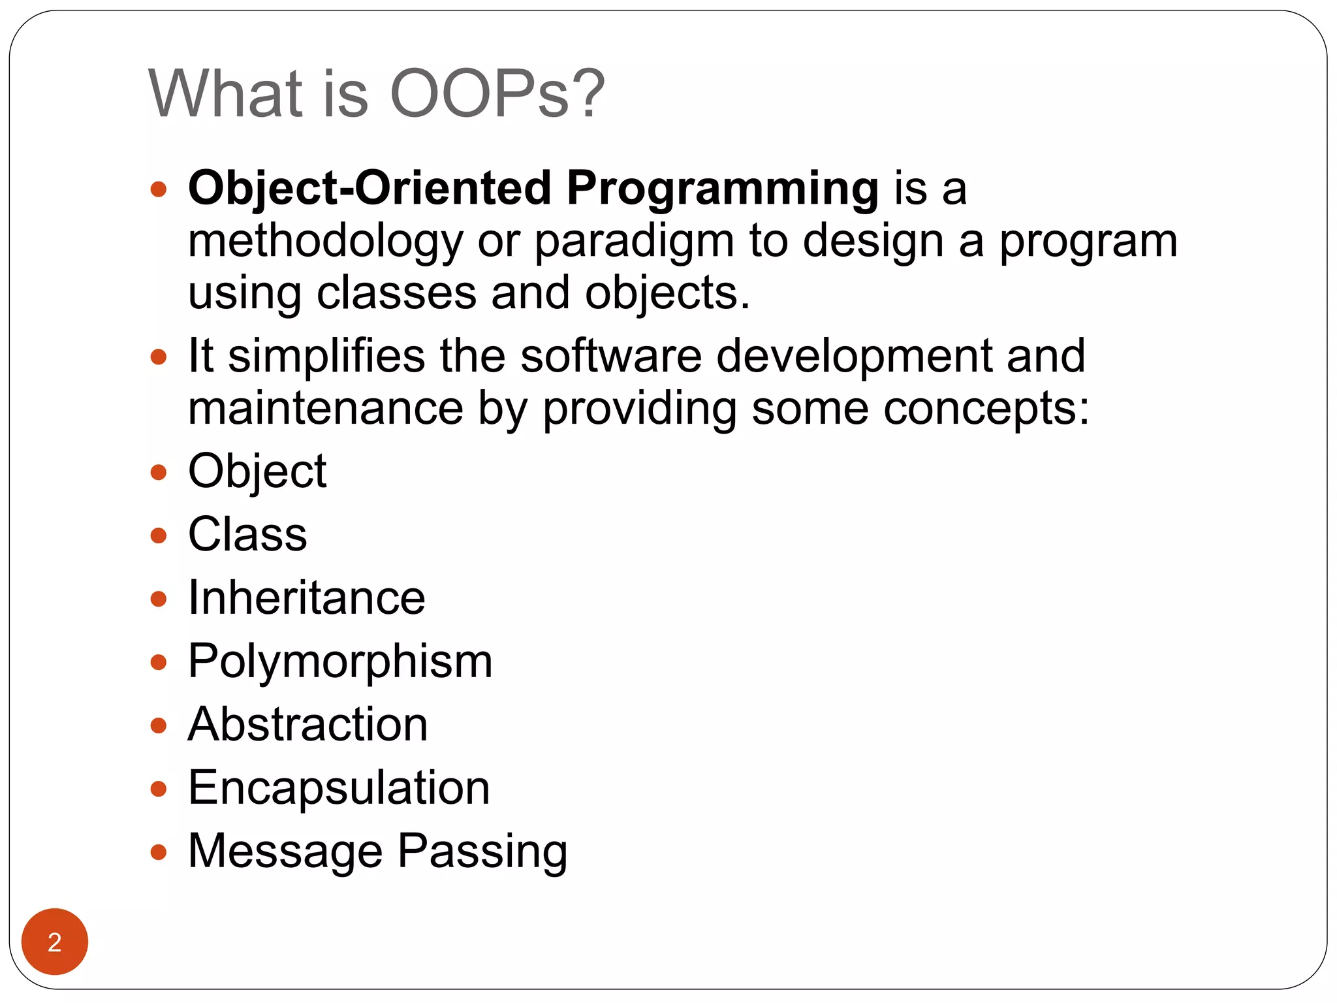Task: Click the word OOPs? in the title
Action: pos(497,94)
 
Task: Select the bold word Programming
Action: pos(722,189)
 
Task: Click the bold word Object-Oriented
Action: pos(370,189)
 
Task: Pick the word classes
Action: pos(396,293)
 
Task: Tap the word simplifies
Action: pos(326,356)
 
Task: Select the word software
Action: pos(611,356)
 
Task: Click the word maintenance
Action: pos(325,409)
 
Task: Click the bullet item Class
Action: pos(247,534)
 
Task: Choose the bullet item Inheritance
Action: pos(306,597)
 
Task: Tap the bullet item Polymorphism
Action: pos(340,661)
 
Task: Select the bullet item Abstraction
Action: pos(307,724)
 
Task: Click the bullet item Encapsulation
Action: pos(339,788)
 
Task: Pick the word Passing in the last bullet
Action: pos(482,852)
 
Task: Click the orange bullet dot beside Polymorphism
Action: pos(159,663)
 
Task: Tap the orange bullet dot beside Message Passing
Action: pos(159,852)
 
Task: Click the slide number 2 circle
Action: pos(55,942)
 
